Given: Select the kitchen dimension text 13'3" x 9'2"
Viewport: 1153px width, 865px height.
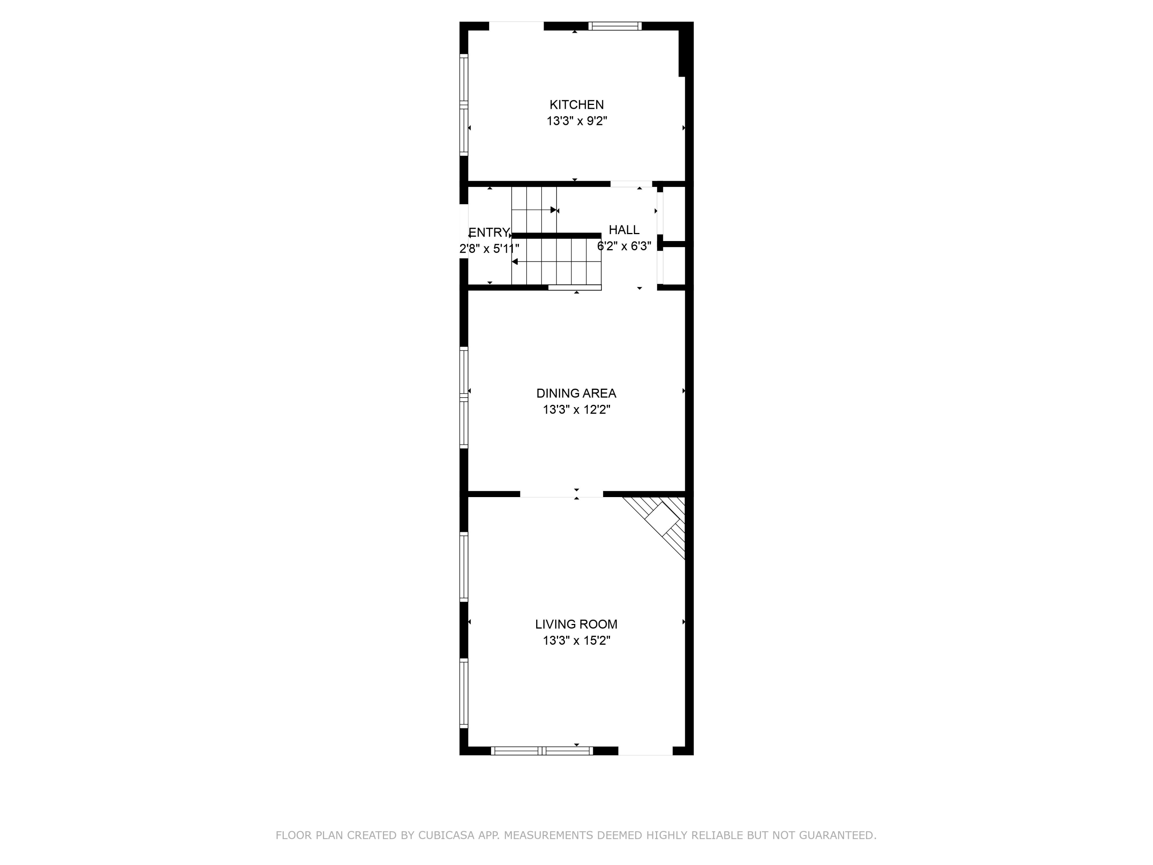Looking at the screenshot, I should click(576, 121).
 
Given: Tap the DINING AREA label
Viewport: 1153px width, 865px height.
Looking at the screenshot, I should click(576, 393).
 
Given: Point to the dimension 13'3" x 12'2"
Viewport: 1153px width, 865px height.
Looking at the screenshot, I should click(576, 410).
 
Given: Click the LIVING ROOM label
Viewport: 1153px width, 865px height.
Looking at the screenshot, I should click(576, 624).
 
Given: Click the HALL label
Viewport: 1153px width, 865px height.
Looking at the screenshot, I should click(624, 230).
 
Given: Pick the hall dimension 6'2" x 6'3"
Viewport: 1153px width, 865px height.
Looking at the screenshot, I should click(624, 246).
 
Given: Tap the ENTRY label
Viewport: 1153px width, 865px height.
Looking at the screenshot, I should click(488, 233).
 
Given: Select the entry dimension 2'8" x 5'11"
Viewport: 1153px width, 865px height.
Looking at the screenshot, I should click(489, 249).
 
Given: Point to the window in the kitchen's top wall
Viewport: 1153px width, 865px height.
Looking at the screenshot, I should click(615, 26).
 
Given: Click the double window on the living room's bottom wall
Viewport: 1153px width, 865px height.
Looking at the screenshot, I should click(542, 751).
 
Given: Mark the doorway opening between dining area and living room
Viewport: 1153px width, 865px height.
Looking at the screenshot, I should click(562, 494).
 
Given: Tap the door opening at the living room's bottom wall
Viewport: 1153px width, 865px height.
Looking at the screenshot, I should click(645, 751).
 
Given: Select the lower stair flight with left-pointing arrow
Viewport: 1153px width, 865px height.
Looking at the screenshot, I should click(556, 261).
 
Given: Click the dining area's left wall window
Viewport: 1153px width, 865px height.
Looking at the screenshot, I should click(464, 397).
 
